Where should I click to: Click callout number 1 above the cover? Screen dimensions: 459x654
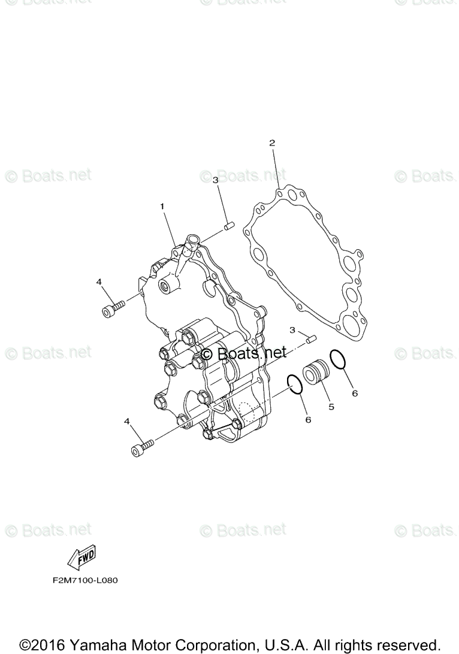162,206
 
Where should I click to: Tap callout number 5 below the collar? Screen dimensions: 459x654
330,407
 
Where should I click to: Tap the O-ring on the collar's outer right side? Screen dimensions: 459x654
338,359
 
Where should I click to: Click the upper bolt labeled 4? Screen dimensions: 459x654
113,308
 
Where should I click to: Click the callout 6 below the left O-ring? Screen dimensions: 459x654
308,420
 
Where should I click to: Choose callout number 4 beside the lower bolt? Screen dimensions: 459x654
126,422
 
